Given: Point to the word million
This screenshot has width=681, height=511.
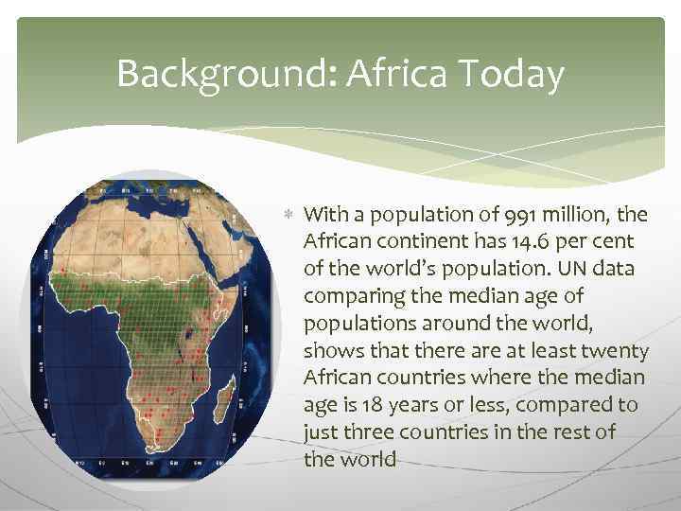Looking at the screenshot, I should [x=557, y=215].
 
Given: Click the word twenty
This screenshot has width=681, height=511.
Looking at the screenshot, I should [x=616, y=351].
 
